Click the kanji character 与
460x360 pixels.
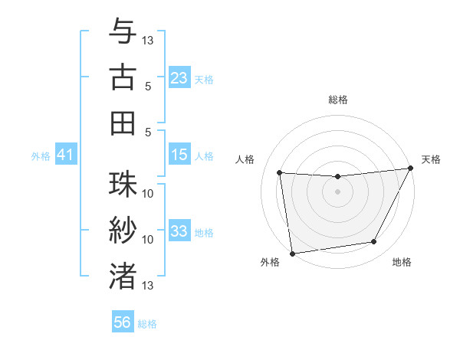pos(122,31)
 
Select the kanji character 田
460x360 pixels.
pos(122,122)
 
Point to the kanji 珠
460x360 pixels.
pos(122,185)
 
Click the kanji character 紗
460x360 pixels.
pos(122,230)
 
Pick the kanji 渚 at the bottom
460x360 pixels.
pos(122,275)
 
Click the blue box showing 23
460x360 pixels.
pos(179,77)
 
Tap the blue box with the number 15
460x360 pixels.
pos(179,155)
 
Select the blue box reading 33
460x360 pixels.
pos(179,231)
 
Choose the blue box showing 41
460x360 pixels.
pos(65,155)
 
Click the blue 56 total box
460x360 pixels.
pos(123,322)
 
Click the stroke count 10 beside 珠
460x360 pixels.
pos(149,193)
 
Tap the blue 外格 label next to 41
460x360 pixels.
pos(41,156)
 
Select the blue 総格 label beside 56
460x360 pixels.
pos(147,324)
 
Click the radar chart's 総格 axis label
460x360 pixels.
pos(338,100)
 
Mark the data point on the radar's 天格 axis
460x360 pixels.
pos(411,169)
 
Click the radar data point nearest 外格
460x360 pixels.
pos(292,253)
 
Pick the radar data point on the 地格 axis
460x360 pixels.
pos(374,242)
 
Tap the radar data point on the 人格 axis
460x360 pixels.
pos(280,173)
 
